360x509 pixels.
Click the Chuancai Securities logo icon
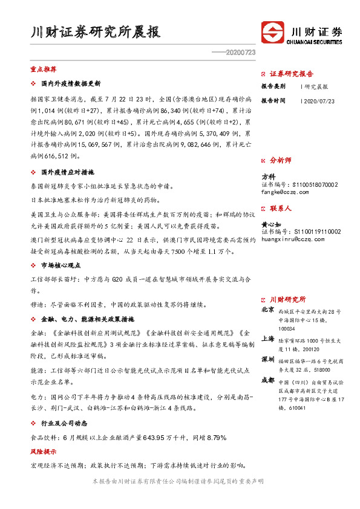click(273, 33)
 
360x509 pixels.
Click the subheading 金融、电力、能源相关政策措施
click(87, 319)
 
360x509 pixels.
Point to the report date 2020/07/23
click(310, 101)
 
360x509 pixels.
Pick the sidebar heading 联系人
click(280, 208)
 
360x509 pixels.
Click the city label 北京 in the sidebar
click(267, 310)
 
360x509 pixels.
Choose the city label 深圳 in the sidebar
click(267, 359)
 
